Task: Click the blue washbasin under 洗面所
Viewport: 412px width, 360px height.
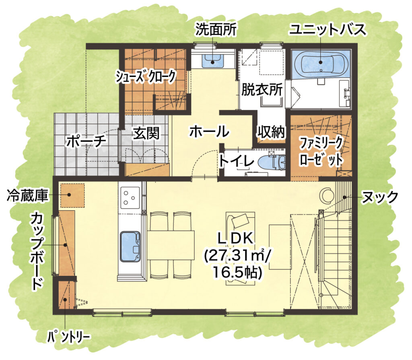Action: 213,61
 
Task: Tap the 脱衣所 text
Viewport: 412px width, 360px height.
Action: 262,90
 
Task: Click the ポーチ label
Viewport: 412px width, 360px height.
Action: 86,141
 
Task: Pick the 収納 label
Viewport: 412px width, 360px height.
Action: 271,132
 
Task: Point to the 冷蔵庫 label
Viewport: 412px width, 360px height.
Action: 27,196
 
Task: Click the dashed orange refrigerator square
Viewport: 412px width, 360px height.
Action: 72,195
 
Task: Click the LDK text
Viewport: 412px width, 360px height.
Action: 235,238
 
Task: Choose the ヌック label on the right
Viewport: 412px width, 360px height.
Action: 380,197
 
